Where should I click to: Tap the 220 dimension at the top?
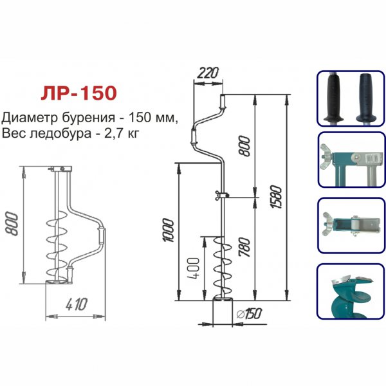click(205, 73)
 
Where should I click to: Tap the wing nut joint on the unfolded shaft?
click(221, 196)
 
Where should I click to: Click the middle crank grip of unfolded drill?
click(194, 137)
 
